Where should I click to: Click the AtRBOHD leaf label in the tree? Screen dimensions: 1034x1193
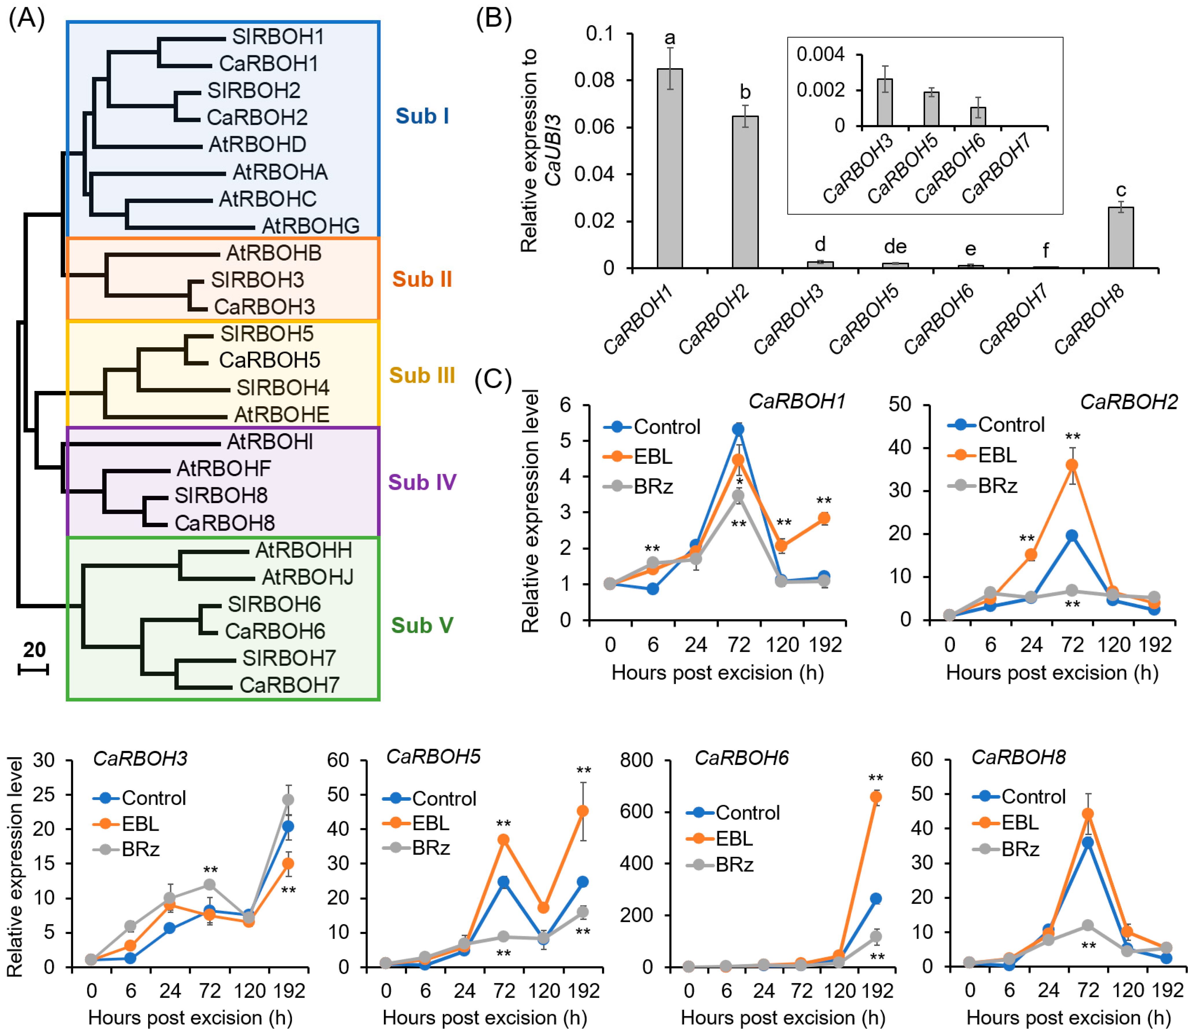coord(257,144)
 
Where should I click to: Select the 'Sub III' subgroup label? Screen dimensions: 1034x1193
coord(422,376)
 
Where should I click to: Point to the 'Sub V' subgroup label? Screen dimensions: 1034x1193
coord(422,625)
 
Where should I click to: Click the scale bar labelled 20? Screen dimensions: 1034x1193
coord(34,669)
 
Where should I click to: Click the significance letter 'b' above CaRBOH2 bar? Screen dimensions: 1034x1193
coord(745,92)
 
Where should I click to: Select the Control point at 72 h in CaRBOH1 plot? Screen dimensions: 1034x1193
coord(738,429)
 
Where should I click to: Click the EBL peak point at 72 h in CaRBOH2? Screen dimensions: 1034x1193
coord(1072,465)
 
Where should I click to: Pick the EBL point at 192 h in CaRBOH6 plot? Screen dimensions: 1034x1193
coord(876,797)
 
